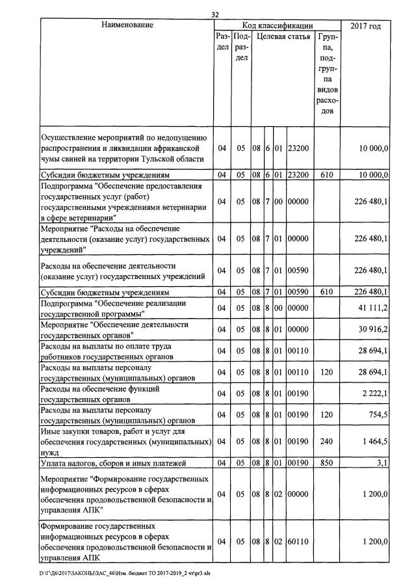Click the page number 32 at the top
click(216, 14)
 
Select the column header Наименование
click(127, 25)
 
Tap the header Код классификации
click(278, 25)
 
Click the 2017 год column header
click(365, 25)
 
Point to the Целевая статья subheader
click(283, 37)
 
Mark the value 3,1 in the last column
click(382, 463)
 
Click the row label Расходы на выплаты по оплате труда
click(107, 352)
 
